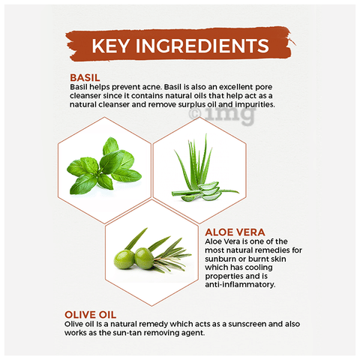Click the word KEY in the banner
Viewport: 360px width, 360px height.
[111, 46]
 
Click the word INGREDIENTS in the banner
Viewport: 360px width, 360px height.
[202, 46]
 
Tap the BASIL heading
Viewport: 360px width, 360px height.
[85, 78]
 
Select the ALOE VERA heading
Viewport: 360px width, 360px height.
[235, 232]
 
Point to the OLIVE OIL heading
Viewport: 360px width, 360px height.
[90, 315]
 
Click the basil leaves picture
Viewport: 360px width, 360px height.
[103, 166]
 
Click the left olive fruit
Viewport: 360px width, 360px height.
[124, 260]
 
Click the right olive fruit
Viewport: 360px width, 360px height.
[145, 258]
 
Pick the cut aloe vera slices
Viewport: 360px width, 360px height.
[209, 192]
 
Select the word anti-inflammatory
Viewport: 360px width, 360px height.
[240, 284]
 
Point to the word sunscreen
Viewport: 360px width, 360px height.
[247, 324]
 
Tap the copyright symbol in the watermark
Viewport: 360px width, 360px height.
[195, 114]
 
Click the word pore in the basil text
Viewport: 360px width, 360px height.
[263, 88]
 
